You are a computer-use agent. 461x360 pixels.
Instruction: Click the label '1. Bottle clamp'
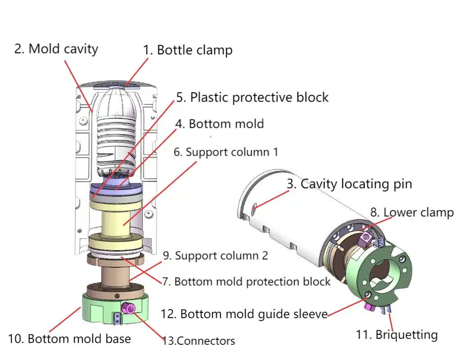tap(188, 50)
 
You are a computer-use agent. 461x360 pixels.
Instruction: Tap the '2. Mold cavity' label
tap(56, 49)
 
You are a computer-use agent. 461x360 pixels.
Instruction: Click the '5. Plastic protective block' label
tap(252, 97)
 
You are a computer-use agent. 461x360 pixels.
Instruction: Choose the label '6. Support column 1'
tap(226, 152)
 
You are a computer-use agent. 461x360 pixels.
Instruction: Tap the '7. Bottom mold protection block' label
tap(246, 282)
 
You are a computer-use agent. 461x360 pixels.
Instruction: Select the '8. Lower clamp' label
tap(412, 212)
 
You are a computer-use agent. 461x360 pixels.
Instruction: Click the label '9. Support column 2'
tap(215, 256)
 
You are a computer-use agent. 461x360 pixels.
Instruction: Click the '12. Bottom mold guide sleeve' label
tap(244, 314)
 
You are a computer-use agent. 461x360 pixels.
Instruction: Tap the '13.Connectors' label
tap(199, 341)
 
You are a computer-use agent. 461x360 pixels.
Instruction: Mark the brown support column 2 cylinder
tap(115, 277)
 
